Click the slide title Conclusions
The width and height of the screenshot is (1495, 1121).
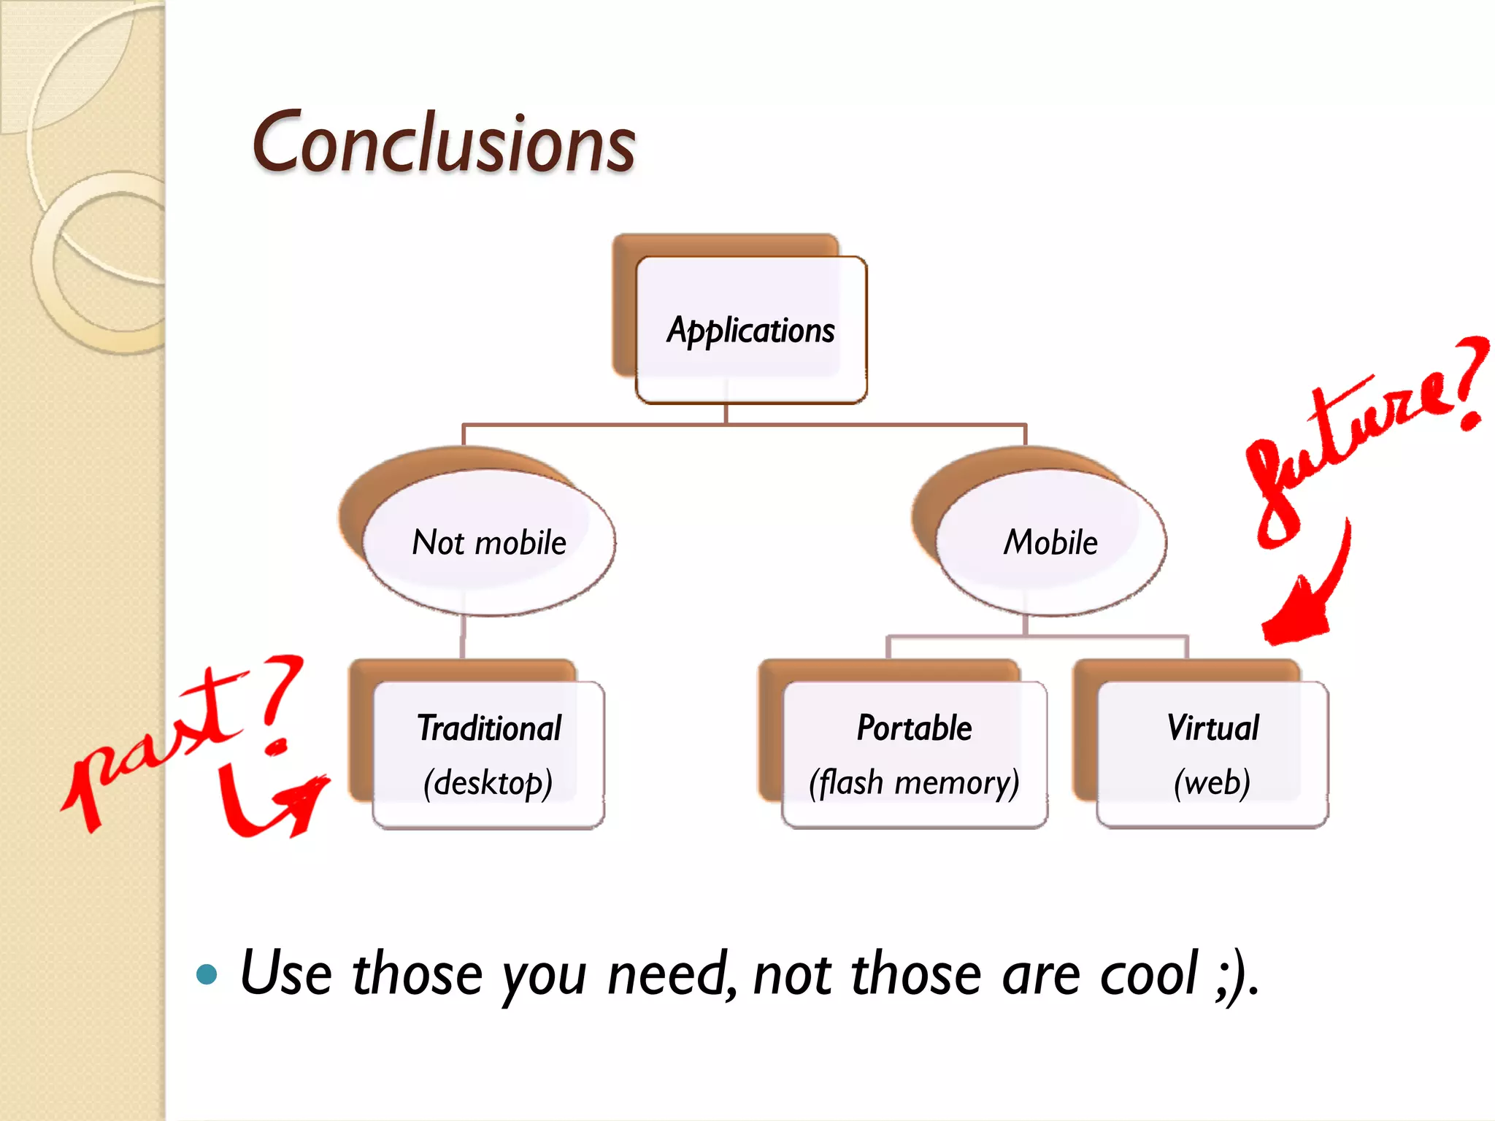click(444, 144)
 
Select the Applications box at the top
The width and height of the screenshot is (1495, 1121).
click(750, 330)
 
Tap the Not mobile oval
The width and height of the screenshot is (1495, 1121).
click(489, 542)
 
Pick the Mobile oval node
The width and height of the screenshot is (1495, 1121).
click(1050, 542)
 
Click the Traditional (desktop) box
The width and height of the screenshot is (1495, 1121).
click(488, 754)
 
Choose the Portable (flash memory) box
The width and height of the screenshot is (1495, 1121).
click(914, 754)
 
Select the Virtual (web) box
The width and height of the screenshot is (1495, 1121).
click(1212, 754)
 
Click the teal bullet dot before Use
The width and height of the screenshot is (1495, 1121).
click(207, 974)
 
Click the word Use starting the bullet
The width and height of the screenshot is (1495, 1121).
click(286, 974)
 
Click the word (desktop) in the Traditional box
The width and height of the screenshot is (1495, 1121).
click(488, 783)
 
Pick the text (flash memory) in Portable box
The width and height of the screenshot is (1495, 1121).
click(914, 783)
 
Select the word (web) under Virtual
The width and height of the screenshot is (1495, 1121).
click(1212, 783)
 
